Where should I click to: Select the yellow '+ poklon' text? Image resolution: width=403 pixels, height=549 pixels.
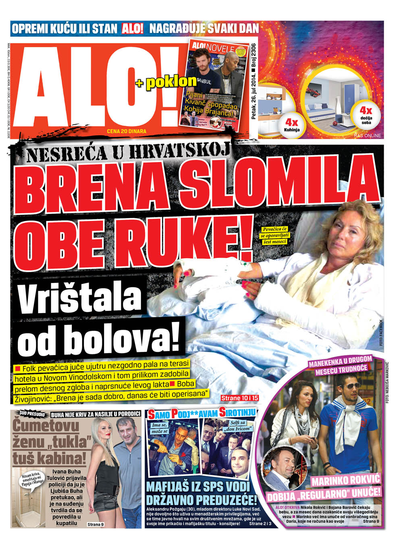[166, 82]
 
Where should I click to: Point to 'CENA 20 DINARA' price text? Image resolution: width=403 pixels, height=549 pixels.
[127, 131]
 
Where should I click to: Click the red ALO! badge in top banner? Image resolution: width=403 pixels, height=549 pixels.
[133, 29]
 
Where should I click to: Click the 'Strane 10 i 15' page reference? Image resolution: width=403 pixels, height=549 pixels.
[239, 398]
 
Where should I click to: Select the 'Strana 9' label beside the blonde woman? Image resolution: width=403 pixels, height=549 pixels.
[96, 524]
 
